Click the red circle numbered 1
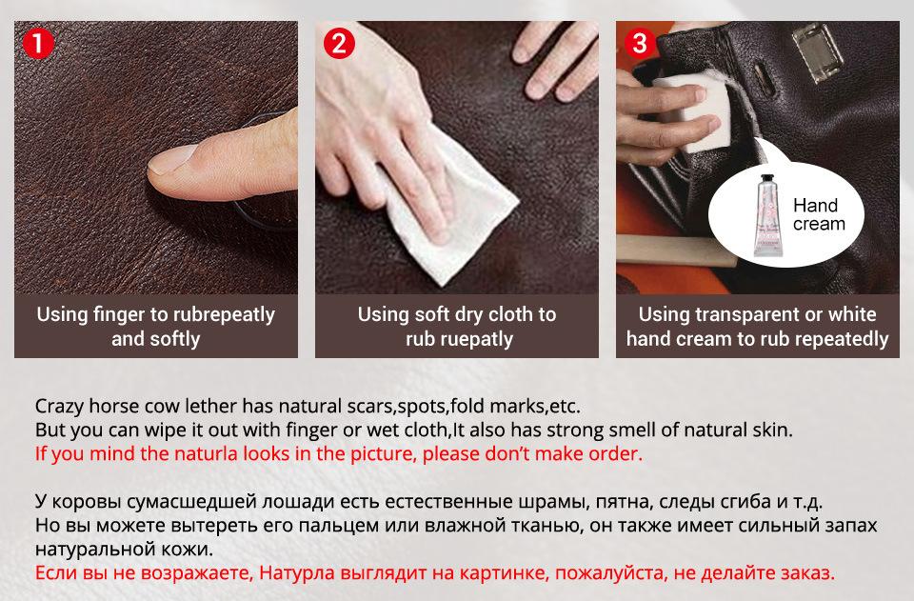pyautogui.click(x=38, y=43)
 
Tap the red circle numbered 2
pyautogui.click(x=339, y=43)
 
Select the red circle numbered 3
pyautogui.click(x=640, y=43)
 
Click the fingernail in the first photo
pyautogui.click(x=170, y=160)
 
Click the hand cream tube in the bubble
pyautogui.click(x=767, y=215)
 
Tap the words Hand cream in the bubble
pyautogui.click(x=819, y=214)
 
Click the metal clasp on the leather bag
pyautogui.click(x=818, y=51)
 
